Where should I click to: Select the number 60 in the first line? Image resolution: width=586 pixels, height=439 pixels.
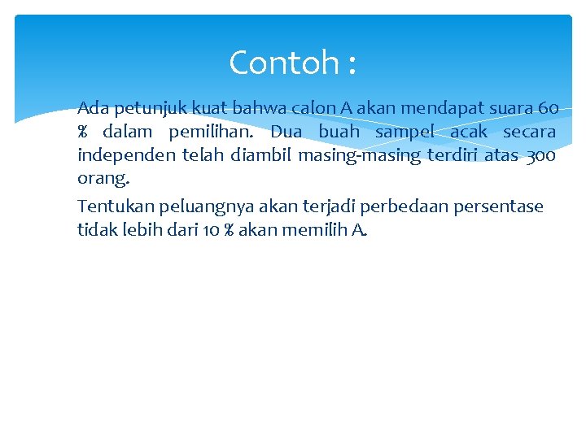point(549,108)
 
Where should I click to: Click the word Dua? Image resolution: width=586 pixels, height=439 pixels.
point(286,132)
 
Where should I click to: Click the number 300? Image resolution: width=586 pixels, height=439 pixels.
point(541,154)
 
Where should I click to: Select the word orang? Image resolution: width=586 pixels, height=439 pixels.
point(103,177)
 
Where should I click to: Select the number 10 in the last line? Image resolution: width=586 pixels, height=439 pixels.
point(212,230)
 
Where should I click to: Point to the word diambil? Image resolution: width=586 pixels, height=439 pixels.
point(261,154)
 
